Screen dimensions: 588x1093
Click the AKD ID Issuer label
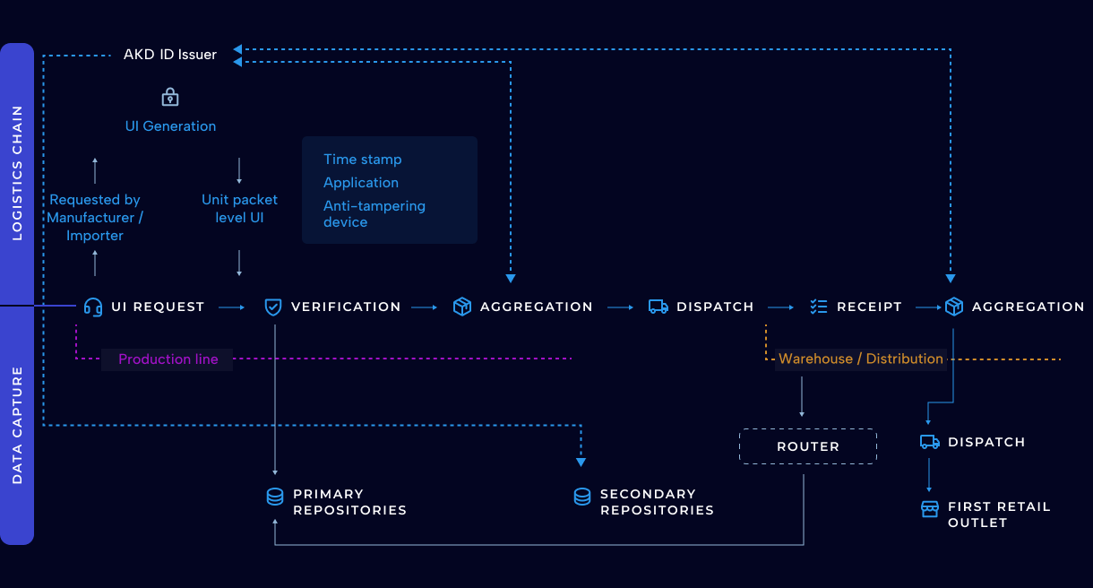tap(170, 55)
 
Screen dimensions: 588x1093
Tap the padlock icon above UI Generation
tap(170, 97)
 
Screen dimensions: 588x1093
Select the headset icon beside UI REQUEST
tap(92, 307)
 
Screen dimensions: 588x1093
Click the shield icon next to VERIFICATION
tap(273, 307)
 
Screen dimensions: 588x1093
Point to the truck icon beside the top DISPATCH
tap(658, 307)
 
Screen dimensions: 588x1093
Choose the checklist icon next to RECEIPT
tap(818, 307)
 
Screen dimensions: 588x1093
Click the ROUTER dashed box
tap(807, 446)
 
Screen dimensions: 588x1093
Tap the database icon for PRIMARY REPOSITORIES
tap(275, 497)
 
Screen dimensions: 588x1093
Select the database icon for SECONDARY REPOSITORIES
tap(582, 497)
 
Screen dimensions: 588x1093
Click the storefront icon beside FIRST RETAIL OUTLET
tap(930, 509)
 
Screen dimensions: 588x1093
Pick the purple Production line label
tap(168, 359)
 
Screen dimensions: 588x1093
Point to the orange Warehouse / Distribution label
tap(860, 359)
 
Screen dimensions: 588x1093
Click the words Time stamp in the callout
tap(362, 160)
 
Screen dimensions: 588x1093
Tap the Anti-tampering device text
tap(374, 213)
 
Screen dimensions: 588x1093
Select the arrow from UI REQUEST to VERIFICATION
tap(232, 307)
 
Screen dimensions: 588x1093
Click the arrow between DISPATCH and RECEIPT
tap(780, 307)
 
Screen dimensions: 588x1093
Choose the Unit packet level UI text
tap(239, 208)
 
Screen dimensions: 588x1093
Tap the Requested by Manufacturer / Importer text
tap(95, 218)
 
